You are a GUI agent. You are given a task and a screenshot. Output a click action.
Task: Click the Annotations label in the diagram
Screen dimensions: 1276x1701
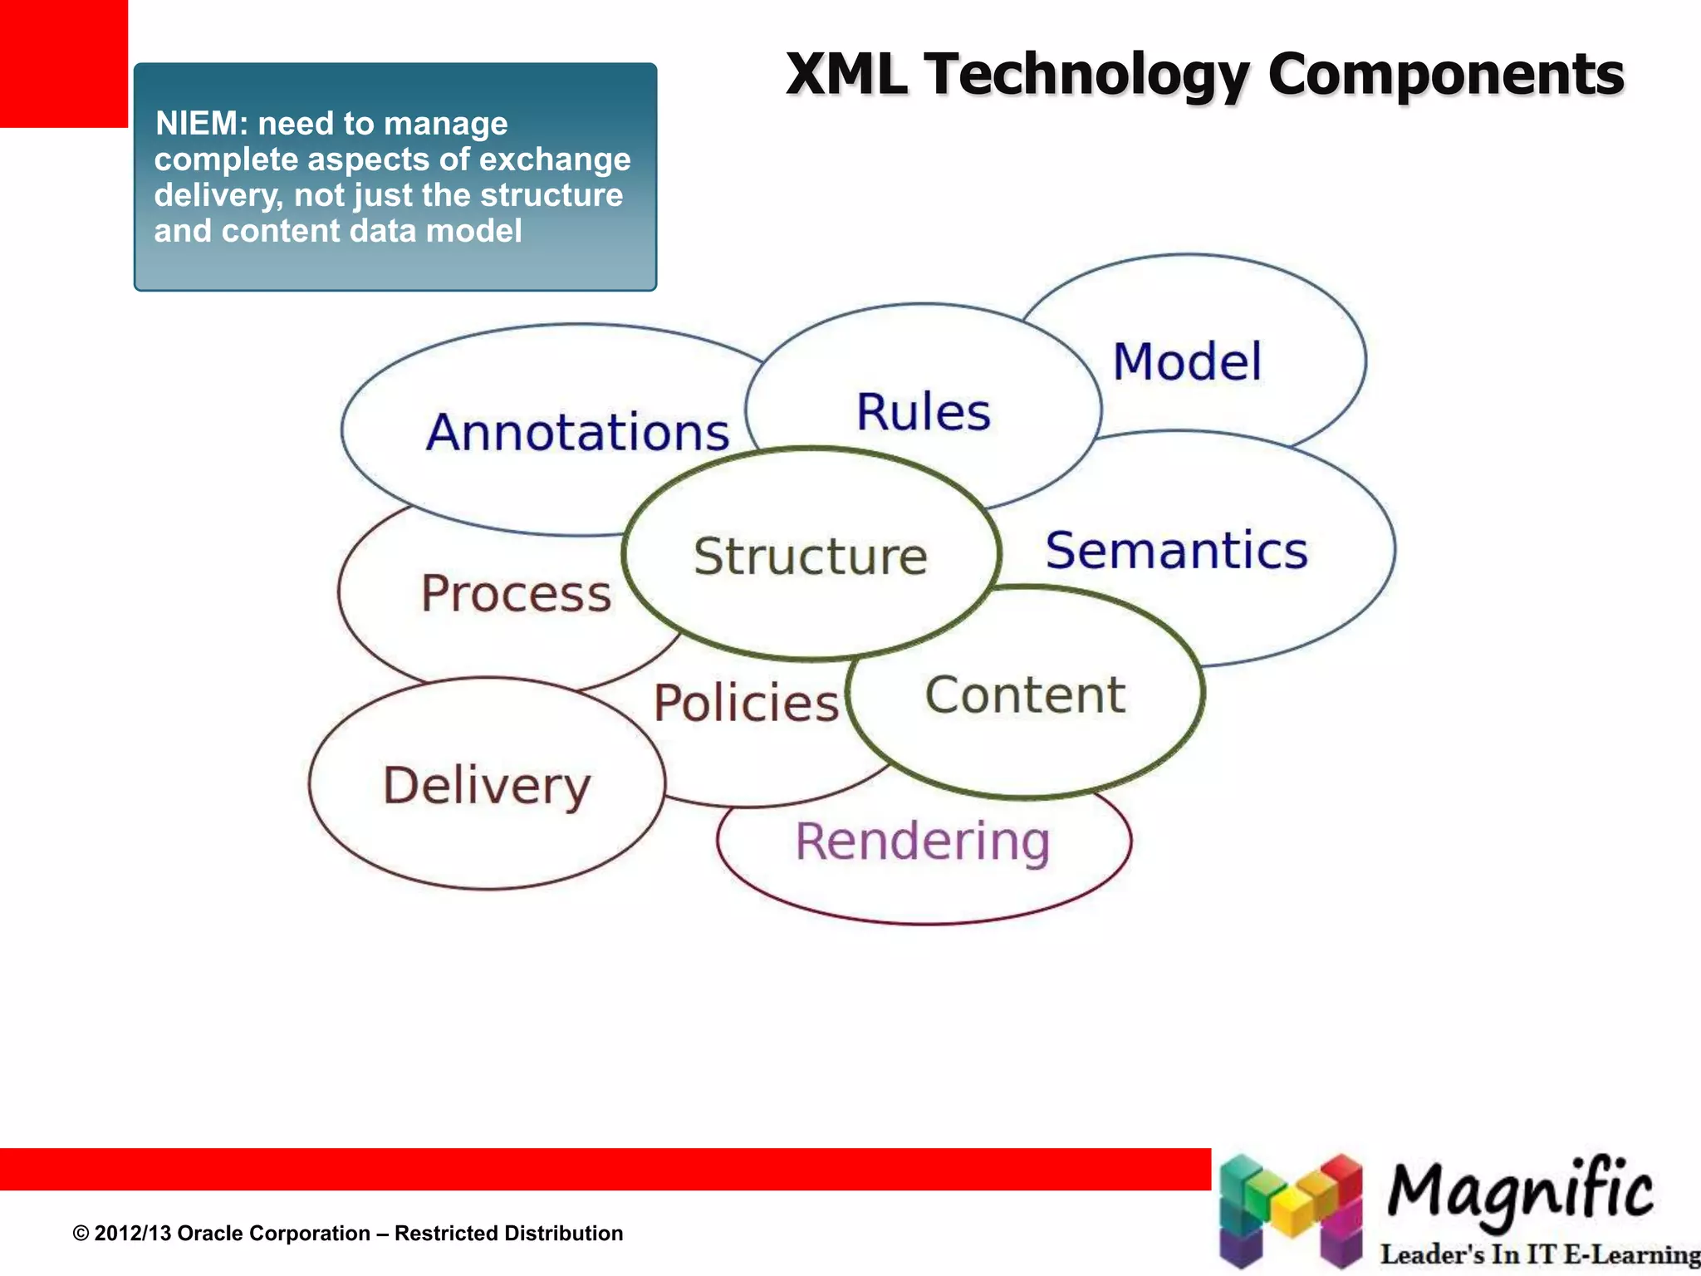pyautogui.click(x=577, y=433)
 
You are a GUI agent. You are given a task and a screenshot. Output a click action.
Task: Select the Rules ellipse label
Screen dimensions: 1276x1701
pyautogui.click(x=923, y=412)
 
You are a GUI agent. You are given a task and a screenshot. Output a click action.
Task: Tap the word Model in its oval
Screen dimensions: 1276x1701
pyautogui.click(x=1187, y=362)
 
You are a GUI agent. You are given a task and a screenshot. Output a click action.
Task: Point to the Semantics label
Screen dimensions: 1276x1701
pyautogui.click(x=1176, y=551)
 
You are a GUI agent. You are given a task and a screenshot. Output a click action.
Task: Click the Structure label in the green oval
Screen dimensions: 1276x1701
pyautogui.click(x=811, y=556)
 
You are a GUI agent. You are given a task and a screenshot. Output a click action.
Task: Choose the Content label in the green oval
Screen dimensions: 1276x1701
pyautogui.click(x=1025, y=695)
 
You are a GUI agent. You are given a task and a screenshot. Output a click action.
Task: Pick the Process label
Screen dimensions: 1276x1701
pyautogui.click(x=516, y=593)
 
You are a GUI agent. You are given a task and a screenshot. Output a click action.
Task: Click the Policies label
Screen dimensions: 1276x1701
pyautogui.click(x=746, y=703)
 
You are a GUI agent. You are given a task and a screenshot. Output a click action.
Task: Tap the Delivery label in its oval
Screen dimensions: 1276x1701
pyautogui.click(x=487, y=786)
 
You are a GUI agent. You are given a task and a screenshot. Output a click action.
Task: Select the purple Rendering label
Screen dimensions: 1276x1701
pyautogui.click(x=923, y=842)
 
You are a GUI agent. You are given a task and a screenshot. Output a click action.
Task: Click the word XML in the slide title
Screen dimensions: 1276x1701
pyautogui.click(x=846, y=75)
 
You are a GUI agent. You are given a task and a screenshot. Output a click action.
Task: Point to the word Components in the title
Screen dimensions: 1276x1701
pyautogui.click(x=1445, y=75)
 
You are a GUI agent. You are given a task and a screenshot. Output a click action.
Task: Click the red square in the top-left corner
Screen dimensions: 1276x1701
pyautogui.click(x=63, y=63)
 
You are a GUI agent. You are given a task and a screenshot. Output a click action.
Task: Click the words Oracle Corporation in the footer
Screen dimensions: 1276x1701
pyautogui.click(x=274, y=1234)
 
